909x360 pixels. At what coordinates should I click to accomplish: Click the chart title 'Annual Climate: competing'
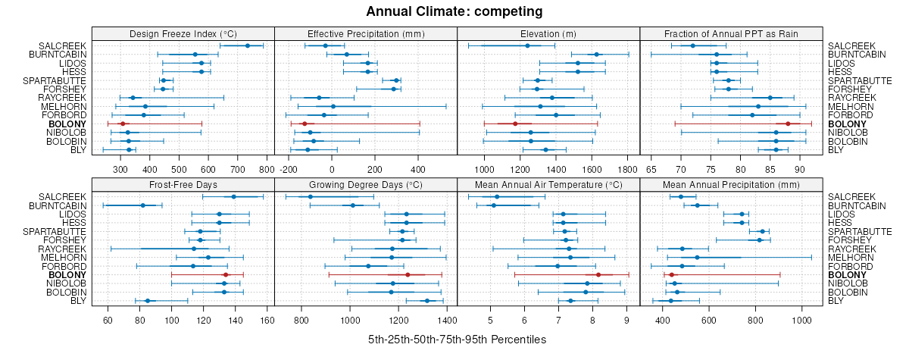coord(454,11)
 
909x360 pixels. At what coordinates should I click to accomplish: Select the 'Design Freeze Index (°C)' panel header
coord(183,33)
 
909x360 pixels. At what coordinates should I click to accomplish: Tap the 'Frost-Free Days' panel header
coord(183,185)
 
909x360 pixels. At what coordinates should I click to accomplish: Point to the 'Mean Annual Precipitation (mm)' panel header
coord(731,185)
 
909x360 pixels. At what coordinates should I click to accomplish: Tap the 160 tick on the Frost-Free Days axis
coord(267,320)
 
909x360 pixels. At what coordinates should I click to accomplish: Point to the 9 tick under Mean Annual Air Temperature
coord(627,320)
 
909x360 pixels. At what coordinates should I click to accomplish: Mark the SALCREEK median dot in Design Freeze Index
coord(248,45)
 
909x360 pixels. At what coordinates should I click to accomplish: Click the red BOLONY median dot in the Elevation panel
coord(515,124)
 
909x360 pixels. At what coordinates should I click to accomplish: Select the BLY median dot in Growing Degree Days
coord(427,301)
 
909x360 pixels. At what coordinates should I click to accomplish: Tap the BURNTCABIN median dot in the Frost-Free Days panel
coord(142,205)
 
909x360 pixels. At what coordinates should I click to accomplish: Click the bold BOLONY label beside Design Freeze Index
coord(67,124)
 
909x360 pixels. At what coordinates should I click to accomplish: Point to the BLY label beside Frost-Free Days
coord(78,301)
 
